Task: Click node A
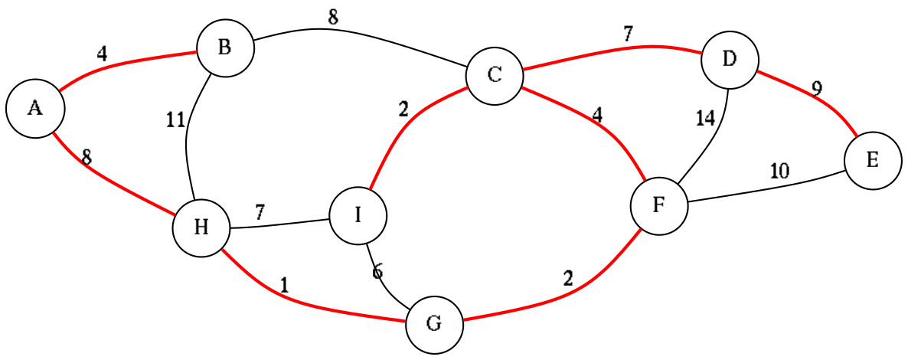pos(35,109)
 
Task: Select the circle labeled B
pos(225,48)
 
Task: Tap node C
pos(495,75)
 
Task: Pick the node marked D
pos(730,59)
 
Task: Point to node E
pos(873,161)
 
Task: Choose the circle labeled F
pos(658,206)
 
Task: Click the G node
pos(434,324)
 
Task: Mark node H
pos(201,227)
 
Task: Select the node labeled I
pos(358,215)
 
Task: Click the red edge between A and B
pos(122,61)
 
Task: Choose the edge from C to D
pos(612,51)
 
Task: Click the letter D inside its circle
pos(730,59)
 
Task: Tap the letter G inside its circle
pos(434,324)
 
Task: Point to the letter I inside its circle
pos(358,215)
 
